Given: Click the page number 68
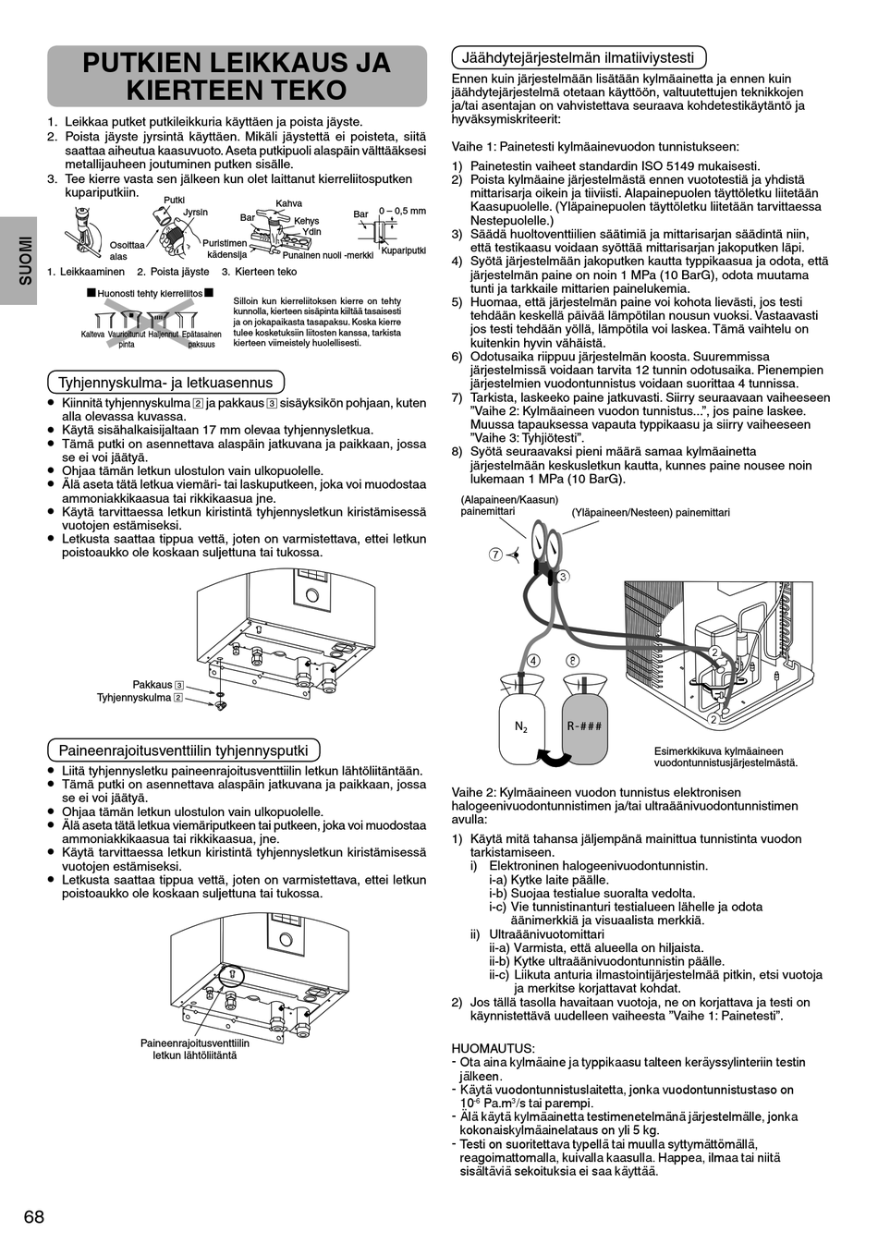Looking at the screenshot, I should pyautogui.click(x=33, y=1216).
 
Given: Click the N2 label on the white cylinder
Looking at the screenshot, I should pyautogui.click(x=521, y=726).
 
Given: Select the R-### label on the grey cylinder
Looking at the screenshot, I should pyautogui.click(x=584, y=726).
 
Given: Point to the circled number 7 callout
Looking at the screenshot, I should pyautogui.click(x=495, y=555).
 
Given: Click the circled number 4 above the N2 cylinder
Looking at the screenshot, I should pyautogui.click(x=532, y=661).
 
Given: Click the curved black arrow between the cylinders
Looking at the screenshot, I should pyautogui.click(x=554, y=758).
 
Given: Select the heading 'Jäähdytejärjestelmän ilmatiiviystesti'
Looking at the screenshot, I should pyautogui.click(x=578, y=56).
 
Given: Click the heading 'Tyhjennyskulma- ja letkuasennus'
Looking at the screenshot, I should pyautogui.click(x=165, y=382).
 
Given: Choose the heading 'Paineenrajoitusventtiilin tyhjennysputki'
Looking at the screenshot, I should pyautogui.click(x=184, y=750).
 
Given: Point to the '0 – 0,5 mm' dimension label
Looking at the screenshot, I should pyautogui.click(x=402, y=211).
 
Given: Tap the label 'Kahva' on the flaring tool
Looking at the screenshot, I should pyautogui.click(x=288, y=203).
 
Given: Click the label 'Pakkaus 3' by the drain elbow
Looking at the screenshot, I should pyautogui.click(x=158, y=685).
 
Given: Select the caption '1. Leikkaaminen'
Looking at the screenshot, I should pyautogui.click(x=86, y=272).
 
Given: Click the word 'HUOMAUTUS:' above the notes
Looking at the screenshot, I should pyautogui.click(x=493, y=1048).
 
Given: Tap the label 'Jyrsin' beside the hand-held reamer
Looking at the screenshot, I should pyautogui.click(x=195, y=213).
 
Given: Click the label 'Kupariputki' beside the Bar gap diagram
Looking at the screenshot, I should pyautogui.click(x=403, y=250).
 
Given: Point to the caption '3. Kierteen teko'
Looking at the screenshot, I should pyautogui.click(x=260, y=272).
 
